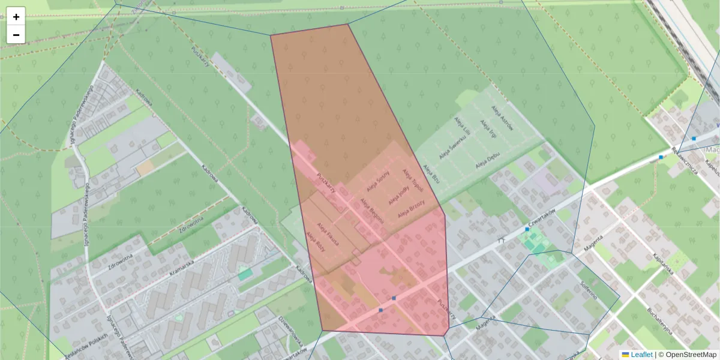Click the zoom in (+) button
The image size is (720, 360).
16,17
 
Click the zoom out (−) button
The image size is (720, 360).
16,35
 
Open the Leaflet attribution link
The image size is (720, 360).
641,355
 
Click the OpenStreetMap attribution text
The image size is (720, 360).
691,355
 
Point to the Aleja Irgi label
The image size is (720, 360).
486,128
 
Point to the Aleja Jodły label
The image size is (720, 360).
399,196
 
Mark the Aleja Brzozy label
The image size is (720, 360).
411,209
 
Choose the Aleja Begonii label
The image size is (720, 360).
372,210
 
